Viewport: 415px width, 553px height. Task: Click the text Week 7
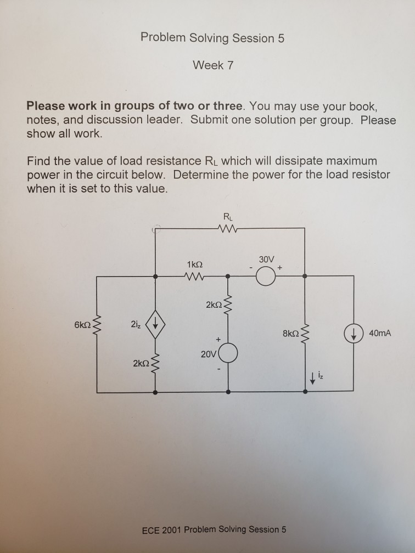213,65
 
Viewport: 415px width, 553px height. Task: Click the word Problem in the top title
163,38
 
